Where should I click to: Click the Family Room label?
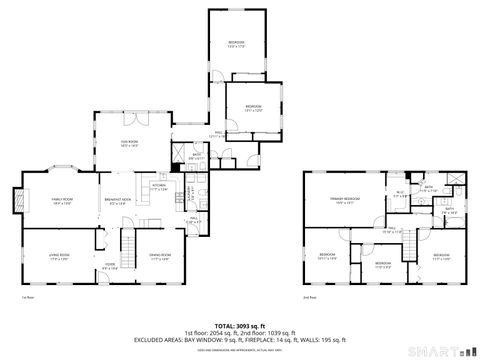click(59, 201)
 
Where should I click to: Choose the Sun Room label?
click(129, 144)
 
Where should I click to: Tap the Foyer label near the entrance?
click(109, 267)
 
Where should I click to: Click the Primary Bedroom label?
click(344, 201)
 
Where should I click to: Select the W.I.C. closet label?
click(399, 195)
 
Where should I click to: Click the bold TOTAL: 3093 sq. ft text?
click(239, 325)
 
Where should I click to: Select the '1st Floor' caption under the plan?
click(27, 297)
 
